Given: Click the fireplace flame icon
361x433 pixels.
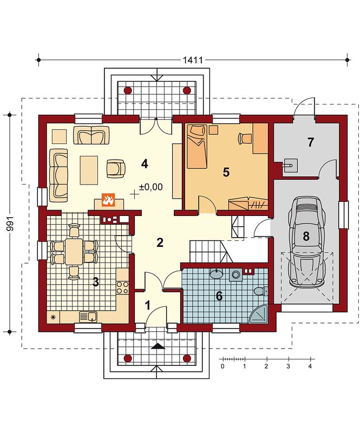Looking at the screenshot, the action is (108, 200).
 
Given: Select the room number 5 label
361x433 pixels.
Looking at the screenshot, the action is (226, 172).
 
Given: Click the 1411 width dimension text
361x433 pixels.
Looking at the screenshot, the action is (193, 60).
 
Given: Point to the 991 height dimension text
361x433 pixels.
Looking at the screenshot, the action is (10, 223).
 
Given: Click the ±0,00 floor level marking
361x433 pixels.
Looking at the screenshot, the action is (151, 187).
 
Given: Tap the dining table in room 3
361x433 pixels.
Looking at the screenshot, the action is (74, 252).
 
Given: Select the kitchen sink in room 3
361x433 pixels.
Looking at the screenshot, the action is (88, 317).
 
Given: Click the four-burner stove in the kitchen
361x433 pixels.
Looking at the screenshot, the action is (122, 287).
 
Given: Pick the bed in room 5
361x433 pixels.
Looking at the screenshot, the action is (197, 146).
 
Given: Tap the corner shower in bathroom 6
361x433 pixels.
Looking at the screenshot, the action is (259, 314).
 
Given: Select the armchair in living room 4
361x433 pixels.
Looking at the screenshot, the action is (116, 168).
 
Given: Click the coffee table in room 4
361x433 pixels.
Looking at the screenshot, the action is (89, 170).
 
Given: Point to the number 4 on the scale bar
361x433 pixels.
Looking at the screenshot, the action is (310, 366).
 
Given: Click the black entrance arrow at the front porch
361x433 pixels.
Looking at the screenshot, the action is (158, 346).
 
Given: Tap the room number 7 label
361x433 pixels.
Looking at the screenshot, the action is (311, 142).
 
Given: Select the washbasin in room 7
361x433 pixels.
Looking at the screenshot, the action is (290, 166).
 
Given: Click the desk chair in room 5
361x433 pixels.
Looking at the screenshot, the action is (245, 138).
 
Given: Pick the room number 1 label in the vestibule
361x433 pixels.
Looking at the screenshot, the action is (148, 306).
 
